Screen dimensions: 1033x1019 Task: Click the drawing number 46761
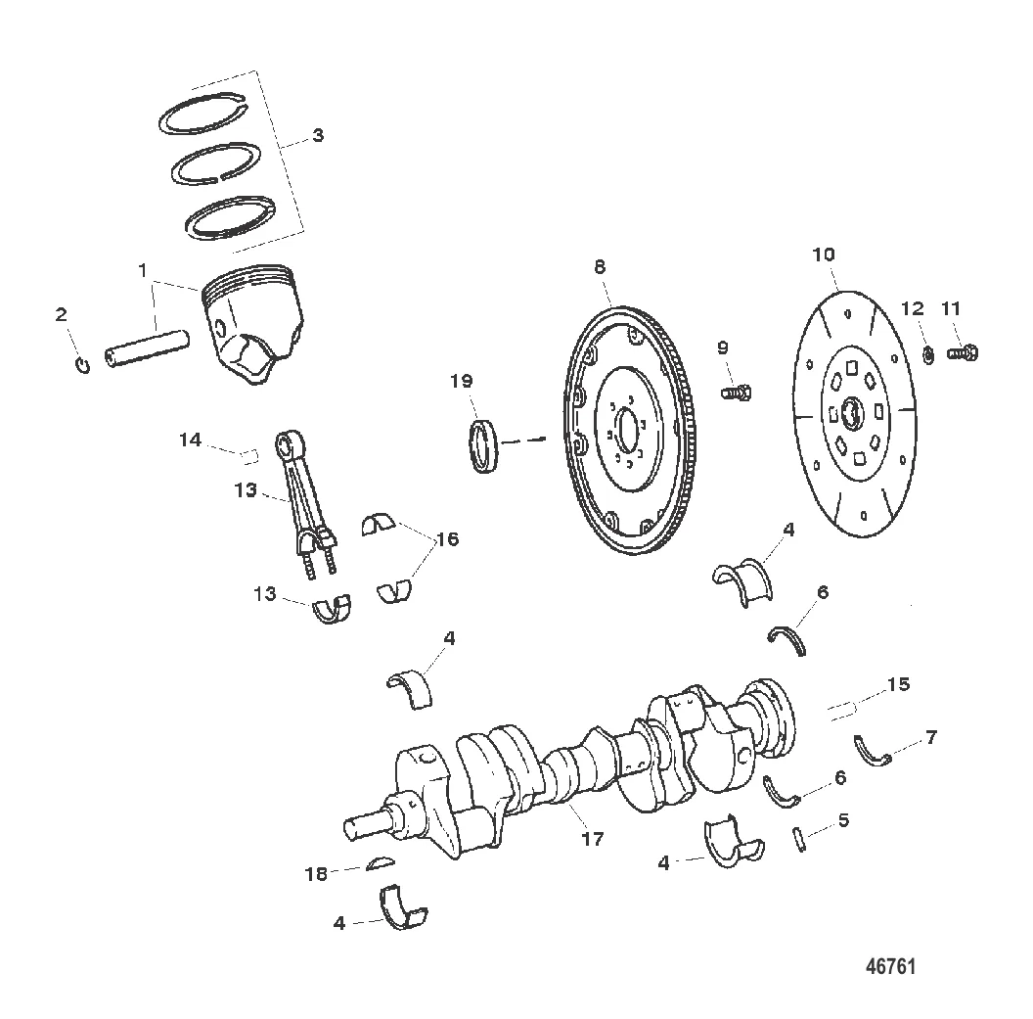point(891,967)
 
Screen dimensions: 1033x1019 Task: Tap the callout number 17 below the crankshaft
point(592,839)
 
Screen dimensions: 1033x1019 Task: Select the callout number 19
point(461,381)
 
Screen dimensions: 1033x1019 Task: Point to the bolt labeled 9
point(737,394)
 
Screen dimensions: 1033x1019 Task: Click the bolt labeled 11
point(963,353)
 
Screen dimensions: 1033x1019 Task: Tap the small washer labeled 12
point(928,355)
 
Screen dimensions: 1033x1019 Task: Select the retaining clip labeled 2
point(83,364)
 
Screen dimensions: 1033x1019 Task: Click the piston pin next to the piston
point(148,348)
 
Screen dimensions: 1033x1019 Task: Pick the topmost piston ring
point(203,112)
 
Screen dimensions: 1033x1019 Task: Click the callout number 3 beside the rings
point(318,136)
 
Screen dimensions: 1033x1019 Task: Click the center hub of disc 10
point(852,415)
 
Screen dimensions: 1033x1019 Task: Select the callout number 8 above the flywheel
point(600,267)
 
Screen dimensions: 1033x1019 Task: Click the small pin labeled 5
point(800,839)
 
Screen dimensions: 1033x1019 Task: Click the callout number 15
point(898,685)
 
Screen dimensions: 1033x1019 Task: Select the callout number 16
point(447,539)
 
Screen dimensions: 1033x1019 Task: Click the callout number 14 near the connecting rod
point(191,440)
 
